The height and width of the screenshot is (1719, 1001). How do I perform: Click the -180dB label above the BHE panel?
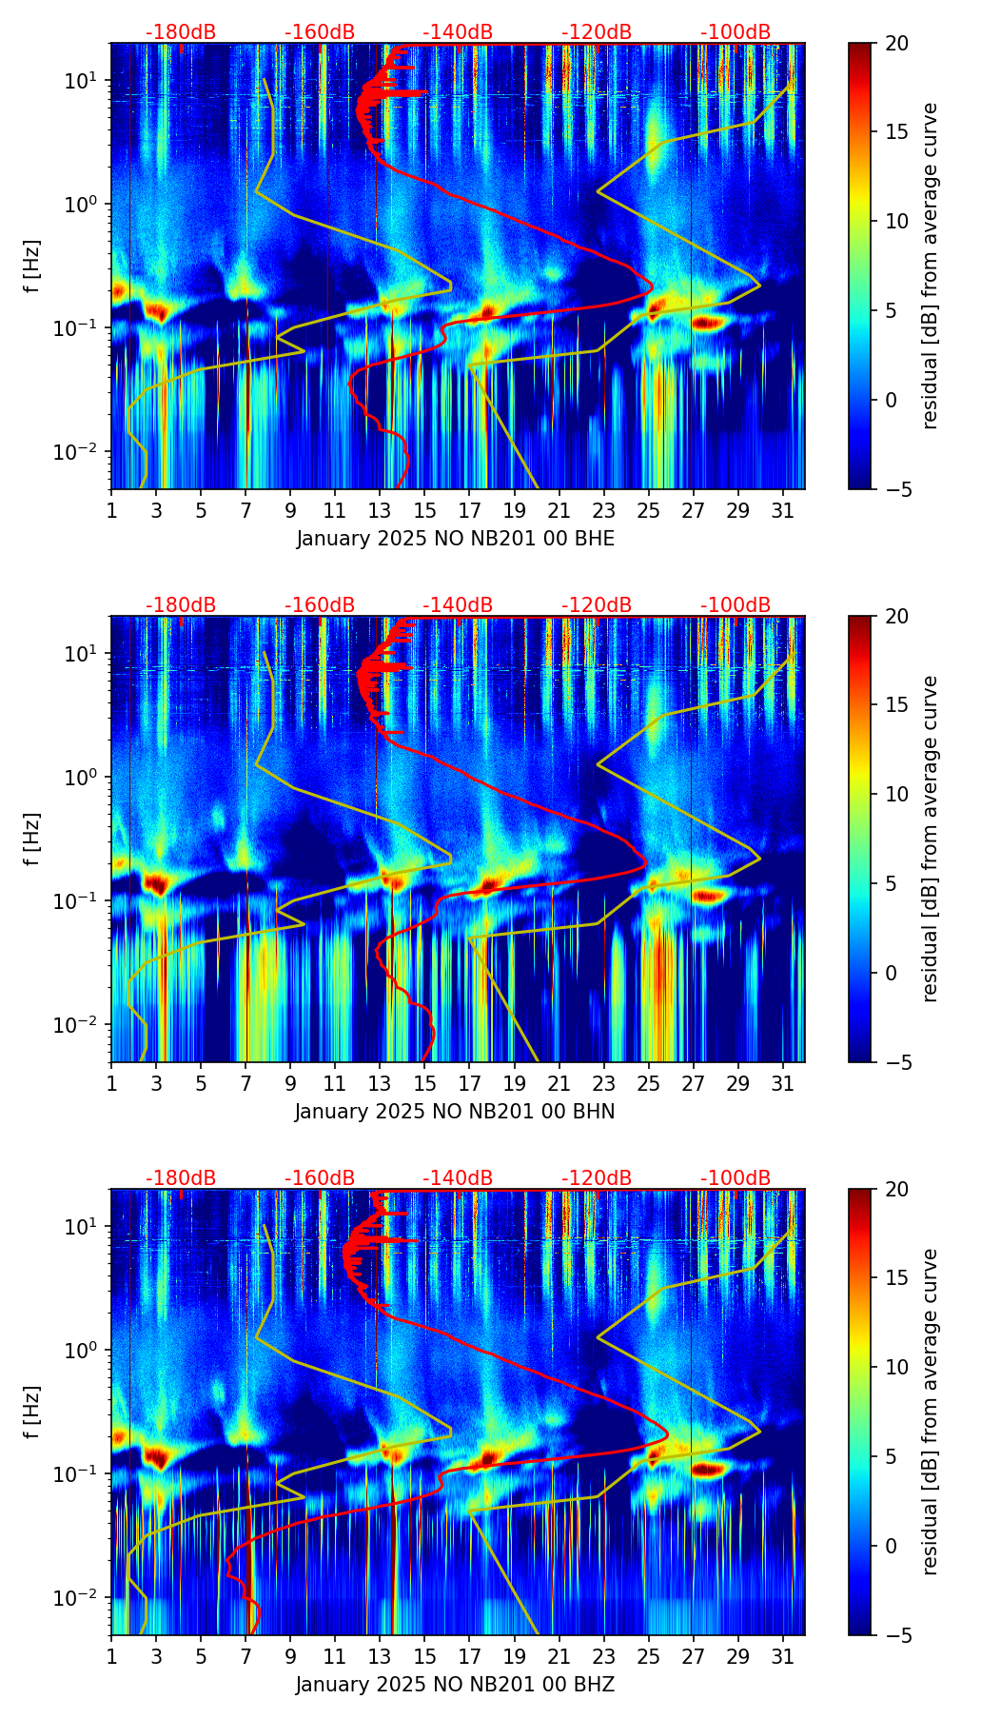[181, 32]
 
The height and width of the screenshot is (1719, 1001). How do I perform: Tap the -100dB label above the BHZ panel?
[736, 1178]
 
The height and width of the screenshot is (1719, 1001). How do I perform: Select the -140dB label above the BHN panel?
[458, 605]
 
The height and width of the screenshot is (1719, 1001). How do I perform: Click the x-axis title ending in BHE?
[455, 539]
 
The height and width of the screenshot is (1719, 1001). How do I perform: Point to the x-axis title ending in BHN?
[455, 1112]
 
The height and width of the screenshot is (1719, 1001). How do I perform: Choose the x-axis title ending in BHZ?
[455, 1685]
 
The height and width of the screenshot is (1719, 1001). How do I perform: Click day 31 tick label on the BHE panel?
[782, 510]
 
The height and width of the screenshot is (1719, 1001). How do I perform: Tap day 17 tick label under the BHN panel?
[469, 1083]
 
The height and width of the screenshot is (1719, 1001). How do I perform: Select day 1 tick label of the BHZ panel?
[111, 1656]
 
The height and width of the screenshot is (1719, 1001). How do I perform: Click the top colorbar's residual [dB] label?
[931, 266]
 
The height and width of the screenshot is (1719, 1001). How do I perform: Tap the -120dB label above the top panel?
[597, 32]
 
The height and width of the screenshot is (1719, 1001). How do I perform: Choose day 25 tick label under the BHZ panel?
[648, 1656]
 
